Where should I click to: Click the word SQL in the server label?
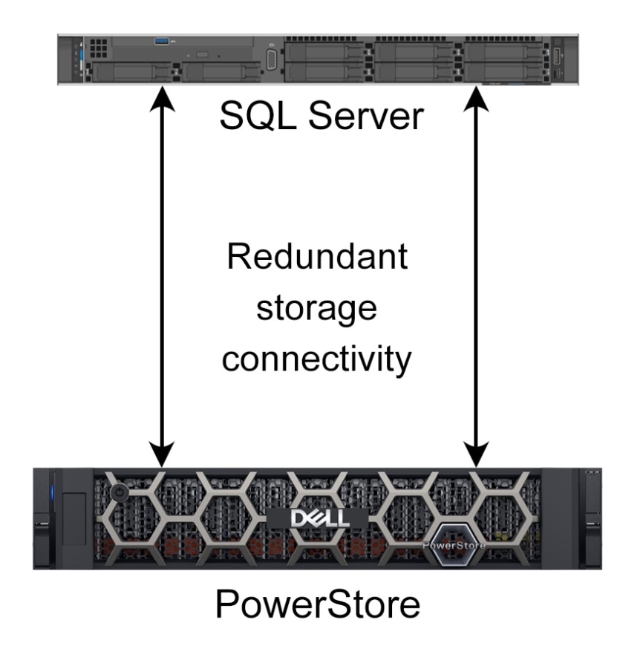[x=258, y=116]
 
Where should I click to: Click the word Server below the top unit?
[x=366, y=116]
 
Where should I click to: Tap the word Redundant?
[x=317, y=256]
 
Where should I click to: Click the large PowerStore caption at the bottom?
[x=318, y=604]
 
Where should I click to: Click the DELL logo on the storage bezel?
[x=320, y=519]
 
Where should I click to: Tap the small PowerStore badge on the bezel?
[x=454, y=546]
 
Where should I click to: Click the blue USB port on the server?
[x=161, y=41]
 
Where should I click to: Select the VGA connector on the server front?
[x=272, y=60]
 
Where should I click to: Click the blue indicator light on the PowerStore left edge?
[x=52, y=493]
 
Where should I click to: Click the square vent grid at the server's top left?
[x=99, y=48]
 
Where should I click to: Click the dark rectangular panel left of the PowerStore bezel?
[x=74, y=519]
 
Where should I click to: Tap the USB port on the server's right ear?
[x=558, y=56]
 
